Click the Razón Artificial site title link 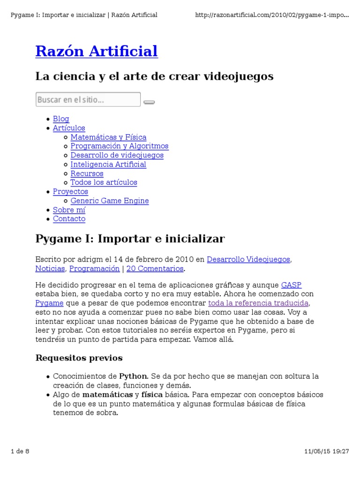click(x=97, y=52)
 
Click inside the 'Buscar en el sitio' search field click(x=88, y=100)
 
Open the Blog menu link click(x=61, y=119)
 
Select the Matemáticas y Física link click(x=108, y=137)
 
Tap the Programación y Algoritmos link click(x=119, y=146)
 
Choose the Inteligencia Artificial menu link click(x=108, y=165)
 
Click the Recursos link click(x=87, y=173)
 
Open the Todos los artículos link click(x=104, y=182)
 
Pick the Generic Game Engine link click(x=110, y=201)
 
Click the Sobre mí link click(x=69, y=210)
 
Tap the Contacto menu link click(x=69, y=219)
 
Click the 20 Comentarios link click(x=155, y=269)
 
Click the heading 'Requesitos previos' click(x=79, y=358)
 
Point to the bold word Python click(x=133, y=376)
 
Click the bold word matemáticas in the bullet click(x=107, y=395)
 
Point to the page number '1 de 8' click(x=20, y=451)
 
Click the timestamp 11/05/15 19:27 click(x=327, y=451)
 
